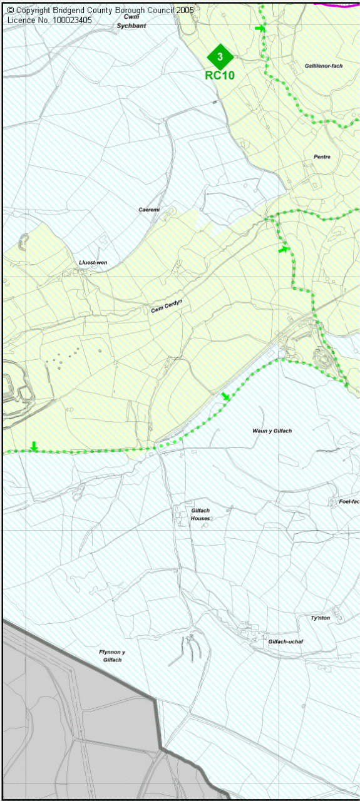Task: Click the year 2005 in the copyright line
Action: (x=183, y=11)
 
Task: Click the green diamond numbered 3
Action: (x=220, y=57)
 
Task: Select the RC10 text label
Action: (x=220, y=75)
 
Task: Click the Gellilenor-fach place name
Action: (x=324, y=66)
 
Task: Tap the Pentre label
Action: (x=322, y=156)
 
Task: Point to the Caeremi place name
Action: (x=150, y=210)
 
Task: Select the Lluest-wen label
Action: (x=93, y=263)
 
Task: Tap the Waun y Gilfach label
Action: (x=272, y=431)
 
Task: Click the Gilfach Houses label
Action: (x=200, y=514)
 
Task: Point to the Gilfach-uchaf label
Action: (x=285, y=641)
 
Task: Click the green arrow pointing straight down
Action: (x=34, y=446)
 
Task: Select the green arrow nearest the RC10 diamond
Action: (x=260, y=28)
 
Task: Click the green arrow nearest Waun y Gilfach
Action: (x=225, y=396)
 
